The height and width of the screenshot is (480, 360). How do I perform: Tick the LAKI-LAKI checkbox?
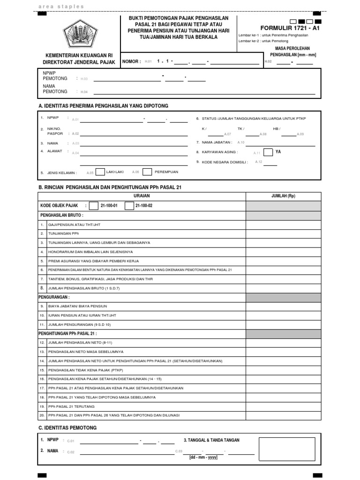(x=99, y=172)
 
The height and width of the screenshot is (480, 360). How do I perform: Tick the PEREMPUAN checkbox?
(x=147, y=172)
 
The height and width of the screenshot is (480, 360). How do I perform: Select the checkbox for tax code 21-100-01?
(x=93, y=205)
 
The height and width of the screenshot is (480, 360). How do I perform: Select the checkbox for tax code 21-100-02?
(x=129, y=205)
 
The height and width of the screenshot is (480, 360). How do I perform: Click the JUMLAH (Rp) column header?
(x=284, y=196)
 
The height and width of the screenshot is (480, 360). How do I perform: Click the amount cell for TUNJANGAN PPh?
(x=284, y=233)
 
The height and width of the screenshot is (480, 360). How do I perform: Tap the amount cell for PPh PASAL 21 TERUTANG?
(x=284, y=406)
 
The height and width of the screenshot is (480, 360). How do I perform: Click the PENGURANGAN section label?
(x=54, y=297)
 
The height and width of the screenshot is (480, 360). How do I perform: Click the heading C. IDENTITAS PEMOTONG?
(x=67, y=428)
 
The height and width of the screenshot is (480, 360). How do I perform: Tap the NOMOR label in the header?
(x=131, y=61)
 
